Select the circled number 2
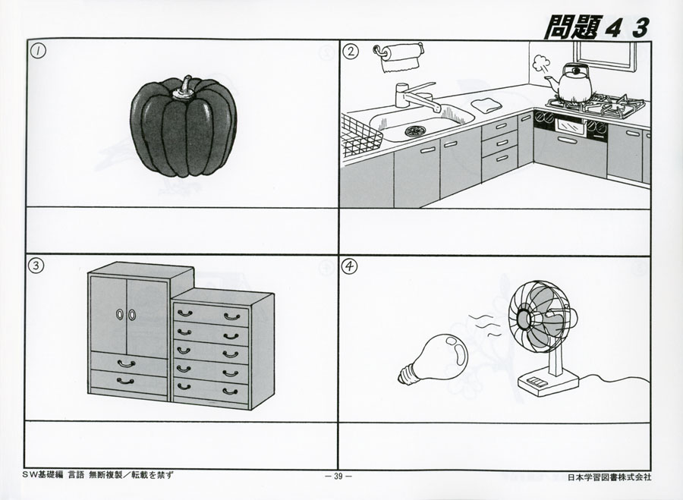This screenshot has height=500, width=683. click(350, 52)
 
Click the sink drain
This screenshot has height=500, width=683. click(416, 131)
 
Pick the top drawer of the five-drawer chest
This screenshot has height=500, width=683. click(211, 313)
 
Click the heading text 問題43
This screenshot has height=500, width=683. click(596, 27)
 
